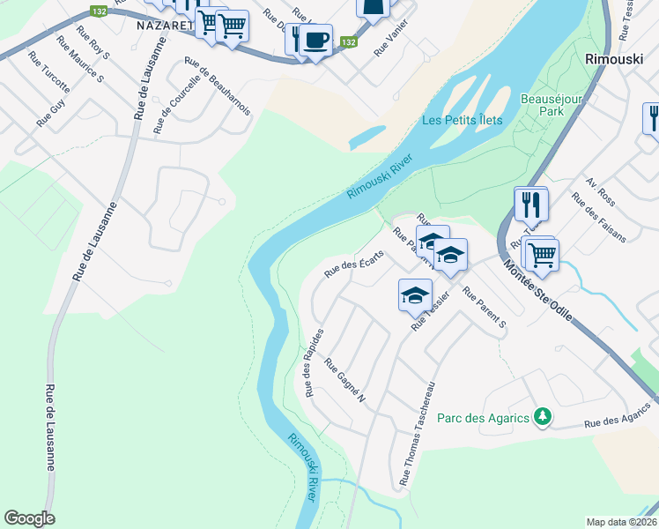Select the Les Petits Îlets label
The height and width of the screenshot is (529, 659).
click(x=462, y=120)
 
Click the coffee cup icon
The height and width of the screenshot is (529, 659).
click(x=315, y=40)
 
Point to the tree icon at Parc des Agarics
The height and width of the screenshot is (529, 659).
click(x=544, y=416)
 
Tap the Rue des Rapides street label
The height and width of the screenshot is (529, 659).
click(x=315, y=362)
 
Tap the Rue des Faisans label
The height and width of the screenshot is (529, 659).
click(x=599, y=218)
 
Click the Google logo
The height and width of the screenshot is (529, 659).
click(x=30, y=518)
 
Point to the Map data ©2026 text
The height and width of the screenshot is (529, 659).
click(x=622, y=522)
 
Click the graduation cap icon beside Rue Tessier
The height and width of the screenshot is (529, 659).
click(x=415, y=296)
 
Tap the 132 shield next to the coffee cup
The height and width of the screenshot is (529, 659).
click(x=350, y=41)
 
